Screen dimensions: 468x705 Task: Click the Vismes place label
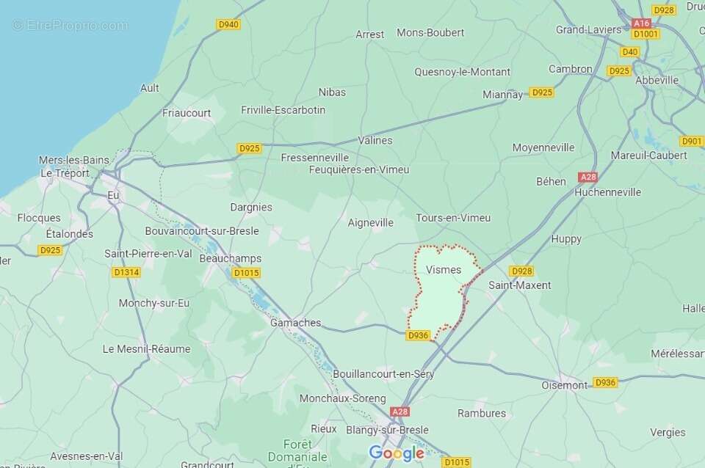point(444,270)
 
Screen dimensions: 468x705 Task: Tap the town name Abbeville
point(657,80)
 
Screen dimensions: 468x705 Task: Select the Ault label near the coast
point(150,88)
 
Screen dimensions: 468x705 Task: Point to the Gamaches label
point(296,323)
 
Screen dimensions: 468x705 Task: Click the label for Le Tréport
point(65,174)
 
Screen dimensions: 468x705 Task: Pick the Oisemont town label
point(565,385)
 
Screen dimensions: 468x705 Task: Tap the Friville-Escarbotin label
point(283,110)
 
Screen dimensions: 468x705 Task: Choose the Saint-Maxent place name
point(520,285)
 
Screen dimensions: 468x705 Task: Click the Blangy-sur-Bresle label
point(387,431)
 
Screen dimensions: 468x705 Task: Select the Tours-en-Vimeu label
point(453,218)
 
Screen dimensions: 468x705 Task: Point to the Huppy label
point(565,238)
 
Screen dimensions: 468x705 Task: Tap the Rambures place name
point(482,413)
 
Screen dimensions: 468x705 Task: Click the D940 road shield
point(228,24)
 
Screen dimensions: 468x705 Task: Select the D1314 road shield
point(126,272)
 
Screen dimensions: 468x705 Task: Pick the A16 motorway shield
point(641,23)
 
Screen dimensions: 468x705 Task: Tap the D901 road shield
point(692,141)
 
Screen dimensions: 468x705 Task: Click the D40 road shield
point(629,52)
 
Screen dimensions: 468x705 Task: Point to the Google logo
point(397,453)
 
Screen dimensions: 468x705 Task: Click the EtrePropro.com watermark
point(70,26)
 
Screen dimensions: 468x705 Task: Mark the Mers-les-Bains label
point(74,161)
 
